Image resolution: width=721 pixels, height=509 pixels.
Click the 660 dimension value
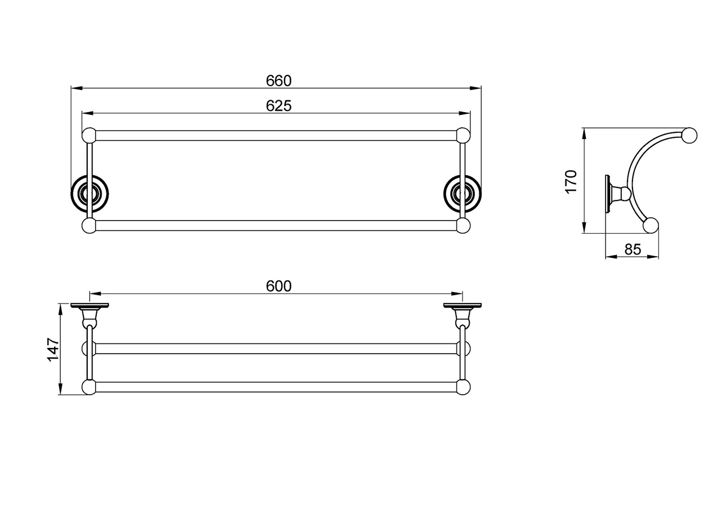click(279, 81)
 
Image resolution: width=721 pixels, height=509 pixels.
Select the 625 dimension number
click(279, 106)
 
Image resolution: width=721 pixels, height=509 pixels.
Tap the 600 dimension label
click(279, 286)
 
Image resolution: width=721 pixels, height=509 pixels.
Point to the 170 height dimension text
click(571, 181)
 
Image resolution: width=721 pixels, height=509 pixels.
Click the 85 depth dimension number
click(633, 249)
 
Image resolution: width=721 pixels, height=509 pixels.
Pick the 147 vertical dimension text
click(53, 350)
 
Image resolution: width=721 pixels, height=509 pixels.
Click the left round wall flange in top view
click(90, 194)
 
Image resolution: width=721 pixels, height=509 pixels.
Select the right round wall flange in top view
click(462, 194)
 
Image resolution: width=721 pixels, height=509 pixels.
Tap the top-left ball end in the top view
click(90, 136)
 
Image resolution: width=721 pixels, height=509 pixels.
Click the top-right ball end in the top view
click(463, 136)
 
